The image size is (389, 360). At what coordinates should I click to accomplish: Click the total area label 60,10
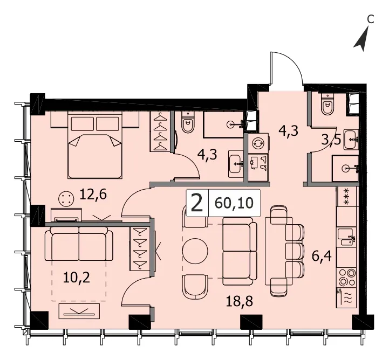pos(234,203)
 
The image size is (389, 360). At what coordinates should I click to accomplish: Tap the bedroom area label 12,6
pos(93,194)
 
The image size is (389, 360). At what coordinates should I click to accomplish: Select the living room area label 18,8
pos(239,301)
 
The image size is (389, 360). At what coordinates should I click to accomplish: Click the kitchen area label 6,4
pos(322,255)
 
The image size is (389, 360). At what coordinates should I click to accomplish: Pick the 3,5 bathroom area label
pos(331,140)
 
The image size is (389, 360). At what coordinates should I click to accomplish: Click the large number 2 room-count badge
pos(197,203)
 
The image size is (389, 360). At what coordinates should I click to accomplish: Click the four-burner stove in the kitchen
pos(346,277)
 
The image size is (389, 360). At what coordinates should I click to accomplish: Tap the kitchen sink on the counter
pos(346,237)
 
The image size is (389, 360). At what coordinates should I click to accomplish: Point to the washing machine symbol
pos(258,143)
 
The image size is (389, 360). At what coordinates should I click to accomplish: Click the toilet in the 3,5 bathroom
pos(327,103)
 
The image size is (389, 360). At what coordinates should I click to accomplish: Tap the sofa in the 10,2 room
pos(79,244)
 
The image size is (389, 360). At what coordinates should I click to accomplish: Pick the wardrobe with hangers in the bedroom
pos(160,131)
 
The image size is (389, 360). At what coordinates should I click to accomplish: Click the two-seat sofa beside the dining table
pos(240,251)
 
